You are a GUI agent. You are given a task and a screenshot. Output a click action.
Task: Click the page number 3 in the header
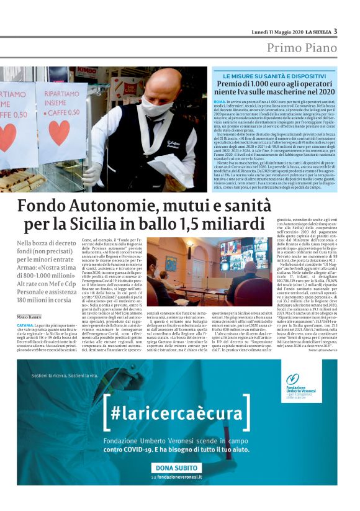[x=335, y=32]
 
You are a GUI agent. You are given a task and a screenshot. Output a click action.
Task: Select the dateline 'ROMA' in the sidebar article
[x=219, y=100]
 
